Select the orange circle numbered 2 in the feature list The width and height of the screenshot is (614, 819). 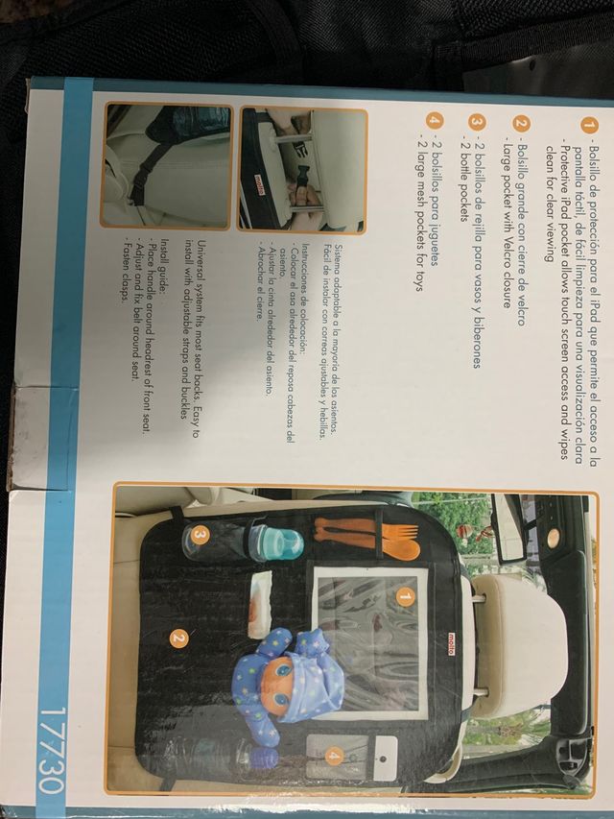519,127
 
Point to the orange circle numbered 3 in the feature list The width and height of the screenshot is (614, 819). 472,127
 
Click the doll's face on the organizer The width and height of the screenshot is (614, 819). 286,669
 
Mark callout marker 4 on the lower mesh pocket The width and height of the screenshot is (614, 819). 333,755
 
